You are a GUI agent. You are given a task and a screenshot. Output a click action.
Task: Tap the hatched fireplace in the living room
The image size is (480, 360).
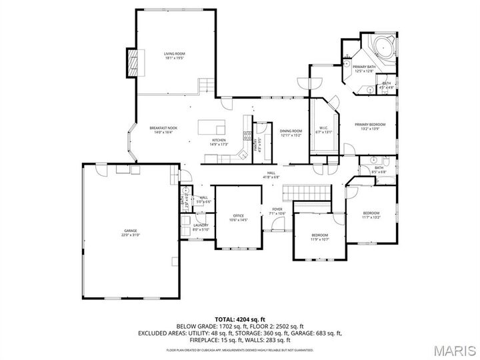coord(133,63)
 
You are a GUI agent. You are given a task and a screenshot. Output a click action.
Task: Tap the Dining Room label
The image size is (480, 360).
coord(291,131)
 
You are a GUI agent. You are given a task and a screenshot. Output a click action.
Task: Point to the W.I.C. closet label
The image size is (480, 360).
coord(323,129)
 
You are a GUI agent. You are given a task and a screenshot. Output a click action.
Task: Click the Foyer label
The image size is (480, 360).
coord(277,210)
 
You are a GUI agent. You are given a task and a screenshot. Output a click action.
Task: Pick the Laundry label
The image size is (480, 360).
coord(201,226)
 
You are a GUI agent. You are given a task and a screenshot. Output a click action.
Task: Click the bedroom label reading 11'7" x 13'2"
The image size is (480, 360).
coord(371,214)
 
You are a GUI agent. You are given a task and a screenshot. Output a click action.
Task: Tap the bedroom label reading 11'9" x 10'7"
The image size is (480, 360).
coord(320,237)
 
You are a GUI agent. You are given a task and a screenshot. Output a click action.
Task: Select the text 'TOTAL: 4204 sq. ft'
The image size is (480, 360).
coord(240,319)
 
